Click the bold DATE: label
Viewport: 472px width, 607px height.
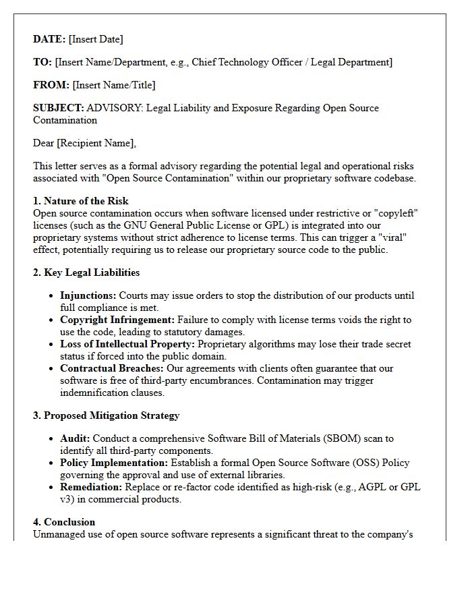coord(49,39)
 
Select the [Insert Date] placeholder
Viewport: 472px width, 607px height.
coord(96,39)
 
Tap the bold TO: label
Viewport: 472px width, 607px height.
coord(42,62)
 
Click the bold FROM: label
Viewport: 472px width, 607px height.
coord(51,85)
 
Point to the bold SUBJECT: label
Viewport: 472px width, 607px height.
coord(59,108)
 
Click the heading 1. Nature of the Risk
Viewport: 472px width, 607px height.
coord(81,201)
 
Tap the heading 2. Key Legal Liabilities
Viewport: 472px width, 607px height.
coord(86,272)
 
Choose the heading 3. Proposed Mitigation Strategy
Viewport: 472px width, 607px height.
coord(106,415)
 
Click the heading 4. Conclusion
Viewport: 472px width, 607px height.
coord(64,522)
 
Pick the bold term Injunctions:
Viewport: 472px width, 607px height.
coord(88,295)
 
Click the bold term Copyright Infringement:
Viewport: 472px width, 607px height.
coord(117,320)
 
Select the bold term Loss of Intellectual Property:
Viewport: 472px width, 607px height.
coord(127,344)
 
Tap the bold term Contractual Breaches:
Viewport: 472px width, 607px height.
coord(111,368)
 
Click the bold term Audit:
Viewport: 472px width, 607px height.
coord(74,438)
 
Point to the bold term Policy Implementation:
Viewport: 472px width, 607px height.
coord(113,463)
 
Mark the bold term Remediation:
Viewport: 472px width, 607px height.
coord(91,487)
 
